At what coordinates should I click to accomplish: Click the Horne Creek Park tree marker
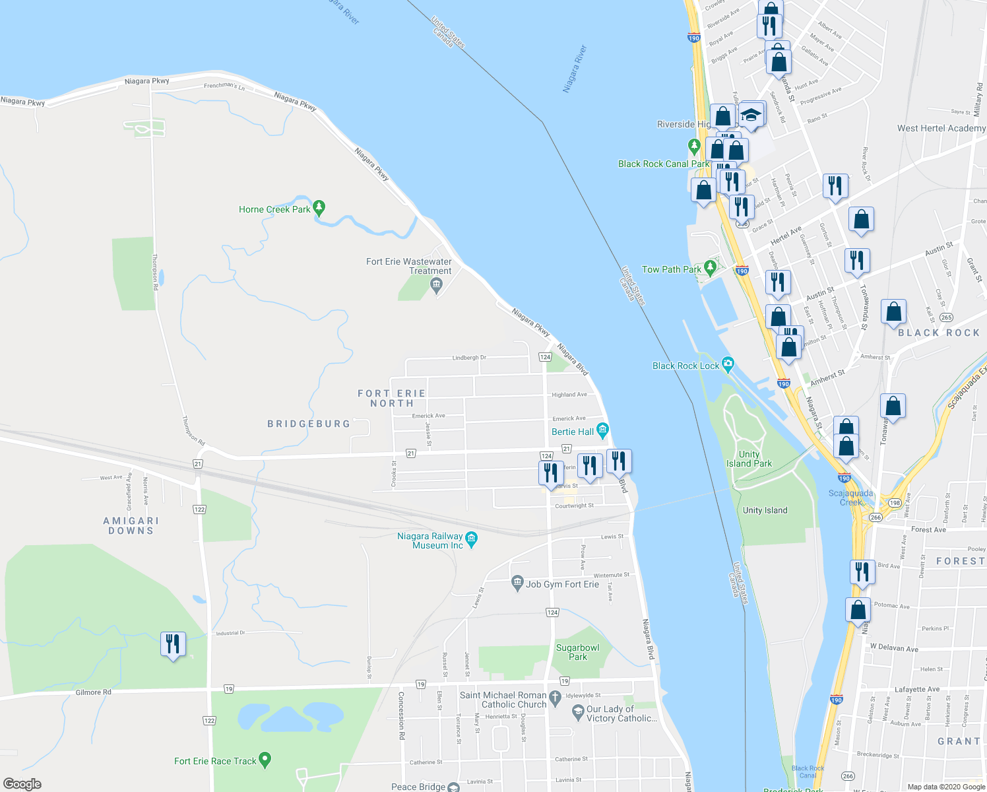point(319,208)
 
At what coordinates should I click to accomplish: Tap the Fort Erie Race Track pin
point(265,760)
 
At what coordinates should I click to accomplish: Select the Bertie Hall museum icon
point(602,431)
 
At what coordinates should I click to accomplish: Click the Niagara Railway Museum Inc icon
point(471,540)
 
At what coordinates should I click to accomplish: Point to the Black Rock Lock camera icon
point(728,364)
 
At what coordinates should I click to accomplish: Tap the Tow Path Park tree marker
point(710,268)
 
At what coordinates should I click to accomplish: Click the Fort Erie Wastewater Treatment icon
point(435,286)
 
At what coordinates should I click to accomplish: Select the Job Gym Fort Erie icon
point(517,583)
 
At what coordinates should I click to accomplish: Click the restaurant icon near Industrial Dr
point(173,643)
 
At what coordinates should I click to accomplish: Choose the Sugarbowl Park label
point(578,652)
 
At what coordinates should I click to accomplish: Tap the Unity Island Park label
point(749,459)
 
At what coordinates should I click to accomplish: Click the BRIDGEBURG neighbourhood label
point(309,424)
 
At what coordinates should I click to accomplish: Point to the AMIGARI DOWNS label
point(131,525)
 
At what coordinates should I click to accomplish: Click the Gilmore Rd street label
point(94,692)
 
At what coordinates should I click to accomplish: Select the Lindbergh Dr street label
point(469,358)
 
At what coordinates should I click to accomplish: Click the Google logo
point(22,784)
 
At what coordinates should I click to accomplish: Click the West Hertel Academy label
point(941,128)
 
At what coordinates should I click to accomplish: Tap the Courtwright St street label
point(574,506)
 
